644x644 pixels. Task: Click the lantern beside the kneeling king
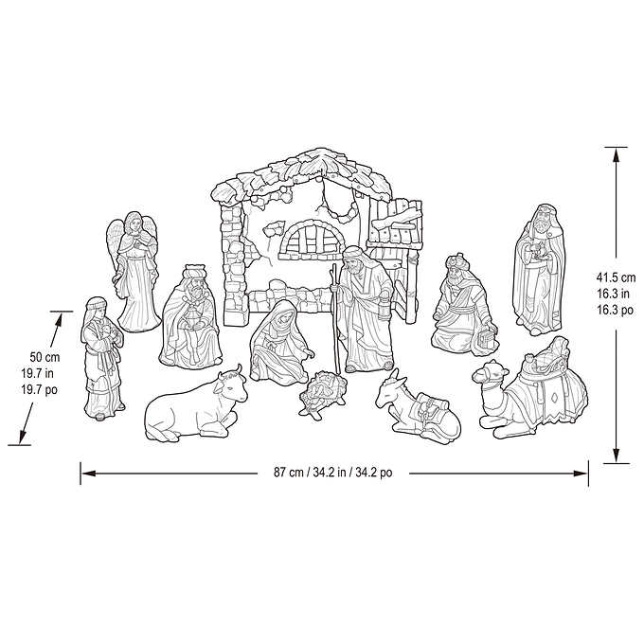point(491,334)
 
